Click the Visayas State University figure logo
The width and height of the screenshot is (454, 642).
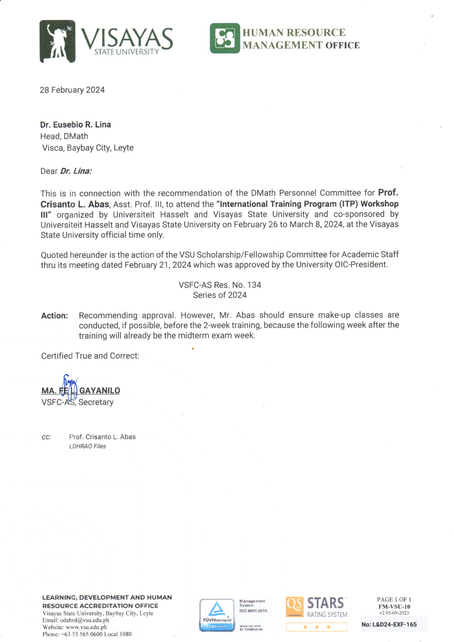pyautogui.click(x=57, y=41)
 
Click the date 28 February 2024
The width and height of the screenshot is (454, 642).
pyautogui.click(x=72, y=90)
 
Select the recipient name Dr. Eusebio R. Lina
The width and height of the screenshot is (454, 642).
pyautogui.click(x=75, y=125)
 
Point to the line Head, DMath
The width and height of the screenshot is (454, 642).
pyautogui.click(x=64, y=136)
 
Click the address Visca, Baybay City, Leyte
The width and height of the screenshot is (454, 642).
pyautogui.click(x=88, y=148)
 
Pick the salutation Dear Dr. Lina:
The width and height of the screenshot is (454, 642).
pyautogui.click(x=66, y=171)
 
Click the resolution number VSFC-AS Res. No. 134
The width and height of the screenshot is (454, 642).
pyautogui.click(x=220, y=285)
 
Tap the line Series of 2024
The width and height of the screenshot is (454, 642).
pyautogui.click(x=220, y=295)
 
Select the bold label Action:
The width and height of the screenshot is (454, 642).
pyautogui.click(x=55, y=316)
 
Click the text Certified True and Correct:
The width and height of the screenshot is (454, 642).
pyautogui.click(x=90, y=356)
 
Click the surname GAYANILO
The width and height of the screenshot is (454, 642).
pyautogui.click(x=100, y=391)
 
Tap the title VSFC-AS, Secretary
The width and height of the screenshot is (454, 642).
pyautogui.click(x=77, y=402)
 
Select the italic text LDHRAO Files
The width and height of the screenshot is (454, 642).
pyautogui.click(x=88, y=446)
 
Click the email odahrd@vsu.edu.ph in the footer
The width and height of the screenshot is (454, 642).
pyautogui.click(x=85, y=620)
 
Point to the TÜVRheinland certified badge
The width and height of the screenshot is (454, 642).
pyautogui.click(x=217, y=615)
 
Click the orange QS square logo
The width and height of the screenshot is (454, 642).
pyautogui.click(x=294, y=607)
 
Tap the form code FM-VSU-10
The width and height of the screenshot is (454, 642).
pyautogui.click(x=394, y=607)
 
